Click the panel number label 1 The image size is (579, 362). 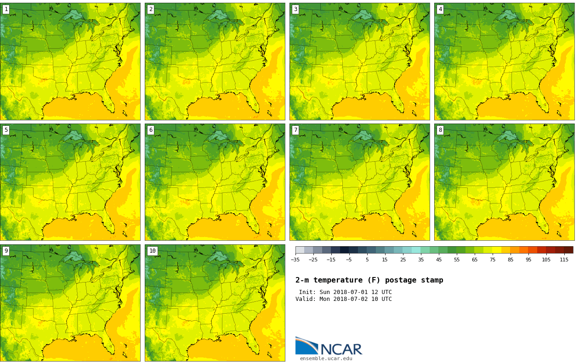point(6,9)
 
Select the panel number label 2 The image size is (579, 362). point(151,9)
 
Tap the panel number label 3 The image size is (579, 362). point(295,9)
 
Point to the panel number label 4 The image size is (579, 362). point(440,9)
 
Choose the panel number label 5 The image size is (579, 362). point(6,130)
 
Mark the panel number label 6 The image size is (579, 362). point(151,130)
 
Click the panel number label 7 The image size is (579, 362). point(295,130)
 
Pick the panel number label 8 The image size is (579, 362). point(440,130)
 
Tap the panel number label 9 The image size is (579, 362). point(6,251)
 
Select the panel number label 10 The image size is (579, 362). point(152,251)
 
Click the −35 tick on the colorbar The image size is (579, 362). point(295,260)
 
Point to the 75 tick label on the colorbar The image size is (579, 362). point(493,260)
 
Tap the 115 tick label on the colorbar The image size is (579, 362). point(564,260)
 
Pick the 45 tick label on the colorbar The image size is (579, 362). point(439,260)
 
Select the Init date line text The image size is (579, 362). point(345,292)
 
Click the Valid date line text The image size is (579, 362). point(343,299)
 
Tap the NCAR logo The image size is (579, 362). point(329,346)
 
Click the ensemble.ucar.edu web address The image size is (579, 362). point(326,358)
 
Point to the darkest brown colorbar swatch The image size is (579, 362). point(568,250)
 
